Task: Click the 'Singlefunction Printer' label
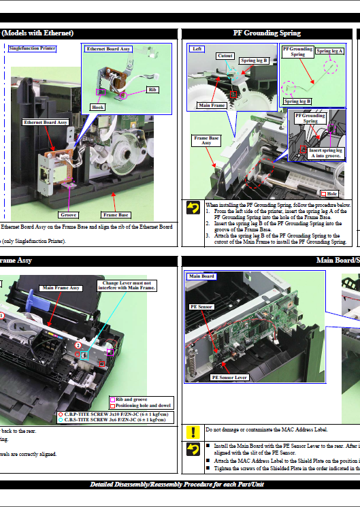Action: click(x=32, y=48)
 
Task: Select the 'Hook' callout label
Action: click(x=98, y=107)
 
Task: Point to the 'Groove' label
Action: click(x=69, y=214)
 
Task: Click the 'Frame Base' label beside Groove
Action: click(x=115, y=214)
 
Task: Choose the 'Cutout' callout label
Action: click(x=225, y=56)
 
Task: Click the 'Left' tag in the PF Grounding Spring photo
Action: click(x=197, y=49)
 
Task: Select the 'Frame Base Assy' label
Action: click(x=206, y=140)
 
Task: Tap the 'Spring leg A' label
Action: click(x=330, y=51)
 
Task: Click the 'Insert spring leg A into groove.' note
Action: click(x=324, y=153)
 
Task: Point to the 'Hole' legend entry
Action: click(x=332, y=194)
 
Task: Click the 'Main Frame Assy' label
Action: click(x=61, y=288)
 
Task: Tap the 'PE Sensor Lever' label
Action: click(x=229, y=376)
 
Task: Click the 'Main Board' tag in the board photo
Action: click(x=201, y=276)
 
